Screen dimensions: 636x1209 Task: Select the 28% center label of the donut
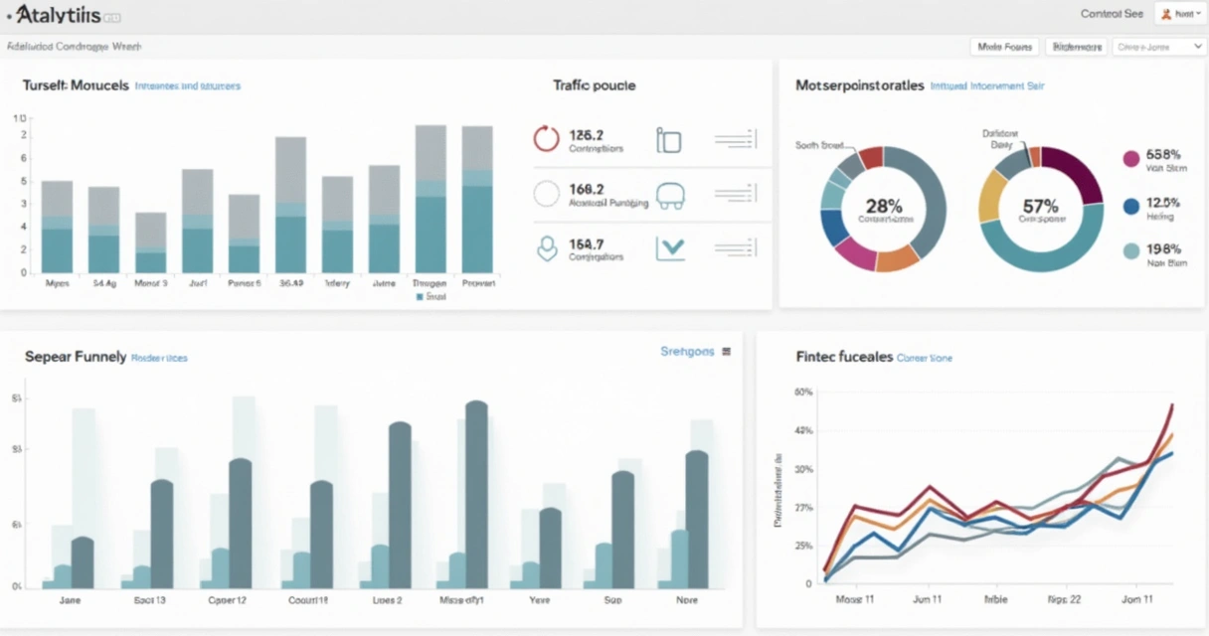click(883, 207)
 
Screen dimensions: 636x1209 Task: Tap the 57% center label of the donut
click(1041, 207)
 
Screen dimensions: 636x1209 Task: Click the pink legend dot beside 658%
click(1130, 159)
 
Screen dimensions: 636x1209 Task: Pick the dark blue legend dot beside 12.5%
click(1130, 206)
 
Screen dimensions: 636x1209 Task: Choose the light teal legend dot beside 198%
click(1130, 252)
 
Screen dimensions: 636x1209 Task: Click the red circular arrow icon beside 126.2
click(547, 139)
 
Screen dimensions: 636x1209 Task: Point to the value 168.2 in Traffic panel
click(587, 188)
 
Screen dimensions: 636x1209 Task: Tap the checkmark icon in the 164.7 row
click(670, 248)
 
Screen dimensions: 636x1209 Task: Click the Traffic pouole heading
click(594, 85)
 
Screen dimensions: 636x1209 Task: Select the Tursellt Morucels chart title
click(76, 85)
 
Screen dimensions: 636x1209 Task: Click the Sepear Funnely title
click(75, 356)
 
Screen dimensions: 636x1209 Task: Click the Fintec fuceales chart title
click(844, 356)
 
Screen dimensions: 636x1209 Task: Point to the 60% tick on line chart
click(803, 393)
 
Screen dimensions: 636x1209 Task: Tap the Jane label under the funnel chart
click(71, 600)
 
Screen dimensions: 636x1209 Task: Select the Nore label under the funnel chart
click(686, 600)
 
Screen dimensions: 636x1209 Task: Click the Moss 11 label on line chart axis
click(854, 600)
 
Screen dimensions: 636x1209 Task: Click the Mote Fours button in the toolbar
click(1003, 47)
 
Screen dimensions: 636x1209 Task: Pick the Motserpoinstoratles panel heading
click(860, 85)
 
